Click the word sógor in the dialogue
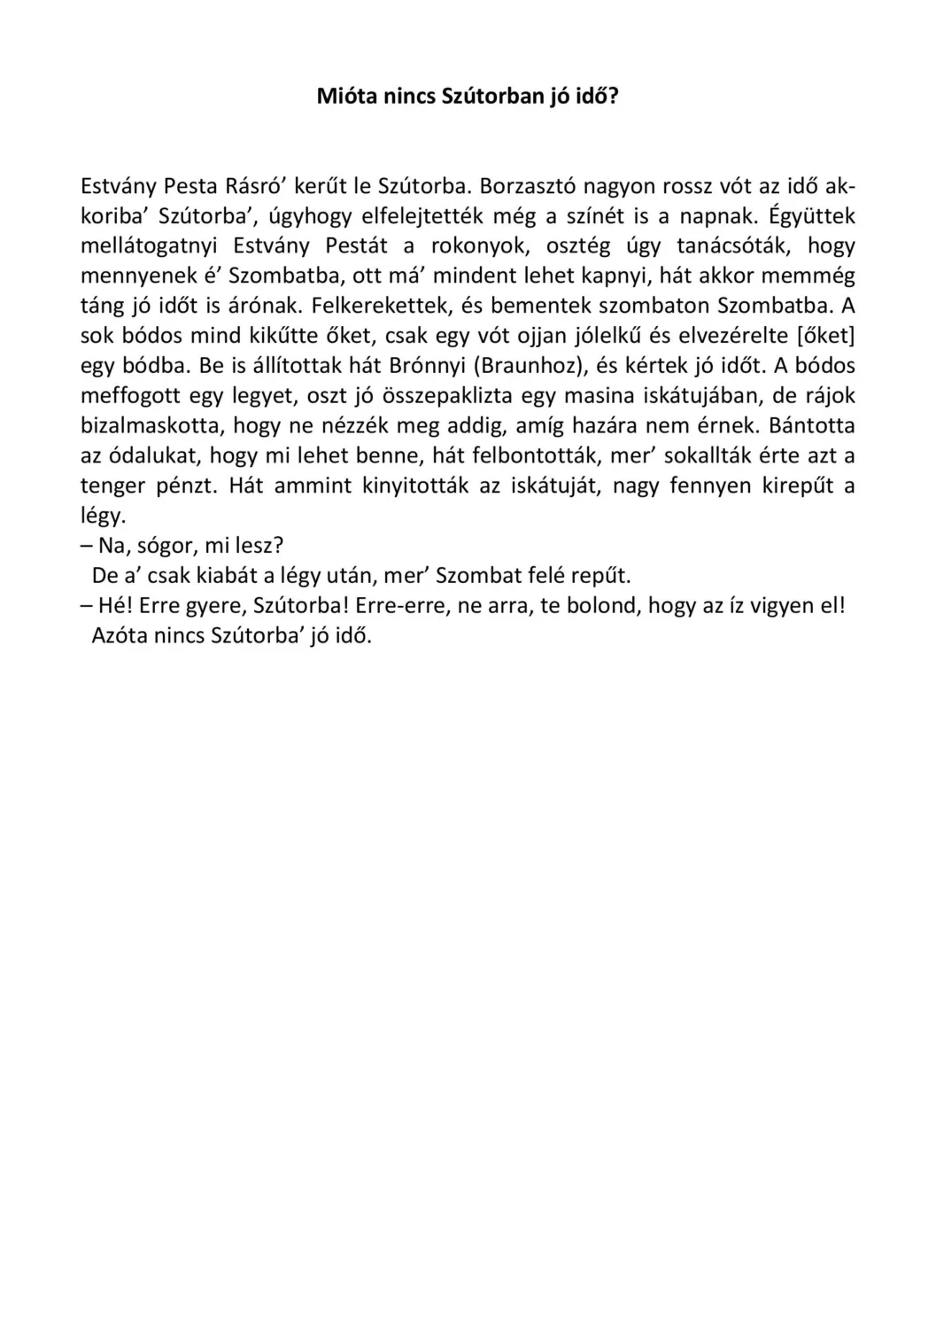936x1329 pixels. [166, 546]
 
